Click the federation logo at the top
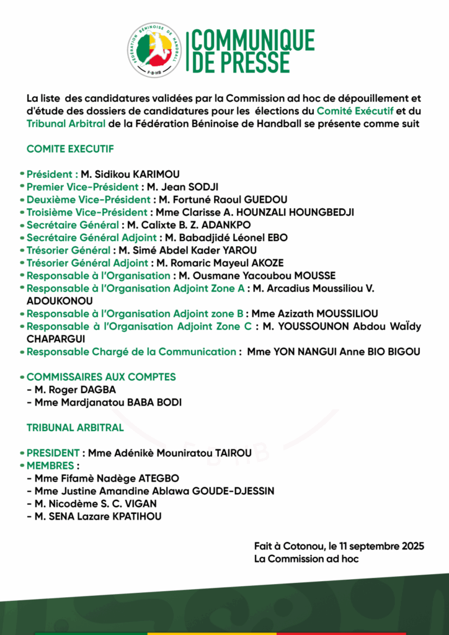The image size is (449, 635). [x=156, y=50]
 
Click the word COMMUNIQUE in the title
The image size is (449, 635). [x=253, y=40]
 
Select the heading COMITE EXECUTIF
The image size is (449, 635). [x=70, y=149]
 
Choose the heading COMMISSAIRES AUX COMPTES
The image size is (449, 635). [x=101, y=377]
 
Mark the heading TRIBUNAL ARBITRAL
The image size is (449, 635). [x=75, y=427]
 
